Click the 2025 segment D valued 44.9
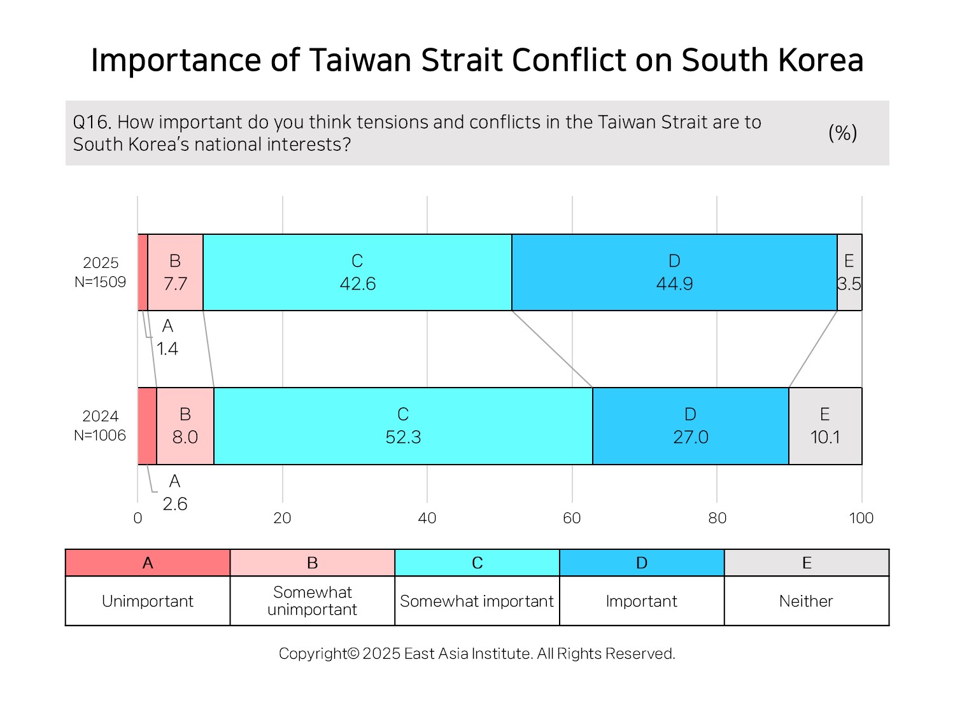(674, 272)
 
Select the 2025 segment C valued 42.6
(357, 272)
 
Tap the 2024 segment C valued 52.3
(403, 426)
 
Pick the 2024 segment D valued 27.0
(691, 426)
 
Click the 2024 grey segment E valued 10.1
(825, 426)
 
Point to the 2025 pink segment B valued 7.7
(175, 272)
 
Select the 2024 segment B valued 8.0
(185, 426)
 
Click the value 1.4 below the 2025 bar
(167, 349)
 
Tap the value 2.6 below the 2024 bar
(175, 504)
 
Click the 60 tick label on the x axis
(572, 518)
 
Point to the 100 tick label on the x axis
(861, 518)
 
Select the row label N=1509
(100, 282)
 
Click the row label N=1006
(100, 435)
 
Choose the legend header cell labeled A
(148, 563)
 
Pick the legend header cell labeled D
(642, 563)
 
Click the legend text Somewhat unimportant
(313, 601)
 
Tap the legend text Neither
(806, 601)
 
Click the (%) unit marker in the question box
(843, 132)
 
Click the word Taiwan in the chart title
(360, 60)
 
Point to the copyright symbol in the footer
(354, 654)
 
